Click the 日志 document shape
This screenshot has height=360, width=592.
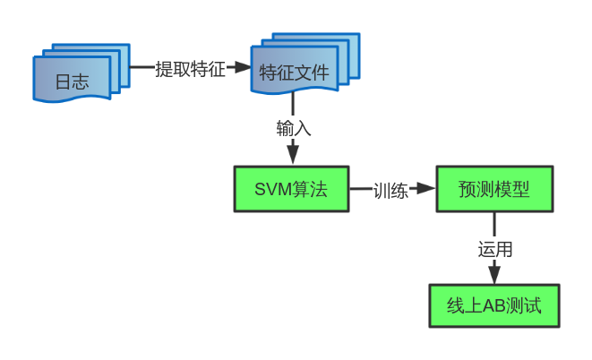coord(72,81)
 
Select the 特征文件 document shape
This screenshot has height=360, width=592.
coord(294,73)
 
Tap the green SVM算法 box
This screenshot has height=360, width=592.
coord(291,189)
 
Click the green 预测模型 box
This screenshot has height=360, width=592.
coord(493,189)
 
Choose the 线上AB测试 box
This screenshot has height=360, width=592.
coord(493,306)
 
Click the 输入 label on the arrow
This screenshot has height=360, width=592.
coord(293,128)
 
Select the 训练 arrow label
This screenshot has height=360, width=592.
coord(390,190)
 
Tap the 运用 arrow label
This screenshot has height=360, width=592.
coord(494,249)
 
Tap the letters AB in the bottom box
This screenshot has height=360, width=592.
coord(494,306)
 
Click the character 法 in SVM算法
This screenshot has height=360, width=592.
coord(319,190)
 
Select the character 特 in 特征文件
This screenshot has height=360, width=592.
coord(268,73)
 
